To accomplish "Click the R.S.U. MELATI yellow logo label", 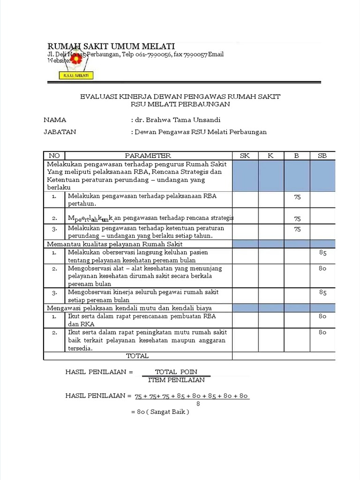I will [x=76, y=75].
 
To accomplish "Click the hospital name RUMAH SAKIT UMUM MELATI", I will [x=112, y=46].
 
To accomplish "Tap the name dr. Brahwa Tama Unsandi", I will [x=177, y=120].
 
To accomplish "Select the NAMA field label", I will [x=55, y=120].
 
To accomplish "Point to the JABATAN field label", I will [x=60, y=132].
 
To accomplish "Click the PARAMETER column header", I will [x=148, y=156].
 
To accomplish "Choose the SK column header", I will [x=245, y=156].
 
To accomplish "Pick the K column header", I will [x=270, y=156].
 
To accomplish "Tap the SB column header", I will [x=322, y=156].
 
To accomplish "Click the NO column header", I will [x=54, y=156].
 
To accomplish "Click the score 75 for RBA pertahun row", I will [x=297, y=197].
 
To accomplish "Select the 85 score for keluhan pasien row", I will [x=322, y=253].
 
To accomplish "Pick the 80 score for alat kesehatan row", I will [x=322, y=269].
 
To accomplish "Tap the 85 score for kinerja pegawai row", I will [x=322, y=292].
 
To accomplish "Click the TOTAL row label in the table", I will [x=137, y=356].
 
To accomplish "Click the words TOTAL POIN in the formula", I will [x=176, y=372].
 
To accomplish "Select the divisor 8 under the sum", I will [x=198, y=403].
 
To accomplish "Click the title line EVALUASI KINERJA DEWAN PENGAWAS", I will [x=180, y=96].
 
